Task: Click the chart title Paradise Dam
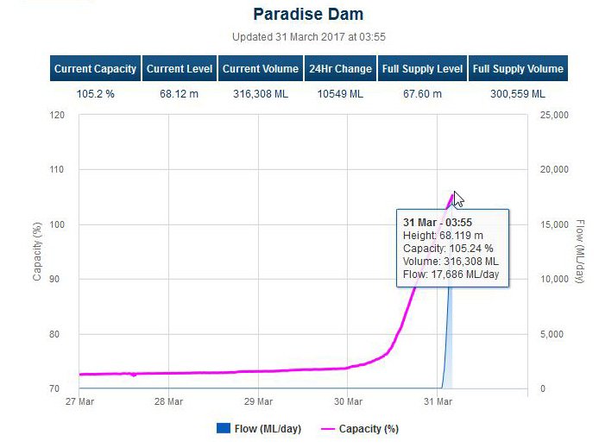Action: pyautogui.click(x=308, y=14)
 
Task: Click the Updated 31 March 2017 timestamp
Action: pyautogui.click(x=308, y=37)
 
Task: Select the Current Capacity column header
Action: pyautogui.click(x=96, y=69)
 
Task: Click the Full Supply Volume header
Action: pyautogui.click(x=518, y=69)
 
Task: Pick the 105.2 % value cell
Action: pyautogui.click(x=96, y=93)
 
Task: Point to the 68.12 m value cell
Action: pyautogui.click(x=179, y=93)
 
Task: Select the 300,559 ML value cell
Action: pyautogui.click(x=518, y=93)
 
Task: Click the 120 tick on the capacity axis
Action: pyautogui.click(x=58, y=115)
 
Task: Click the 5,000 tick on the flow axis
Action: pyautogui.click(x=551, y=334)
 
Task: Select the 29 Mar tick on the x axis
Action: pyautogui.click(x=257, y=401)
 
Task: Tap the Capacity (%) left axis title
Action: pyautogui.click(x=37, y=251)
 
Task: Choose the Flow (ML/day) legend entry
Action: pyautogui.click(x=259, y=428)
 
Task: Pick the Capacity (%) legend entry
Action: pyautogui.click(x=360, y=428)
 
